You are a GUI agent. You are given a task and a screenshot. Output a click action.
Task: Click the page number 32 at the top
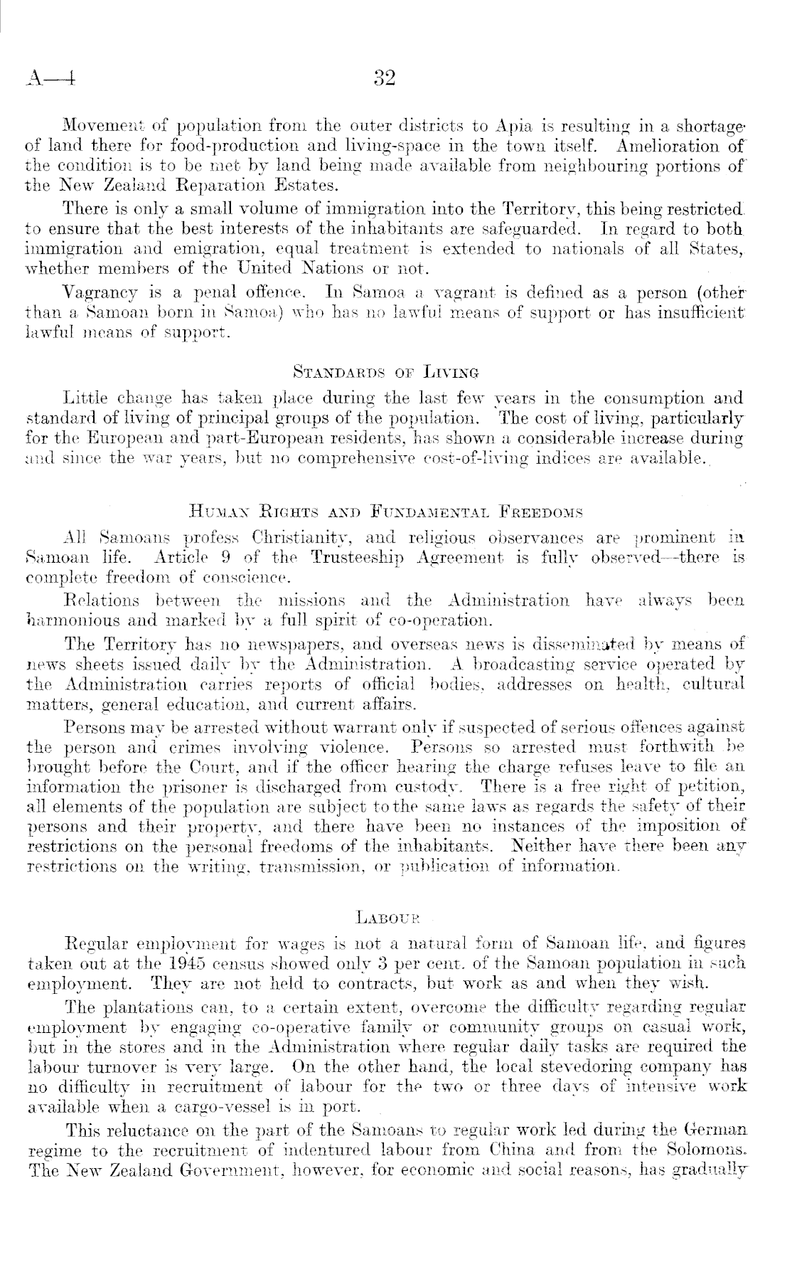384,78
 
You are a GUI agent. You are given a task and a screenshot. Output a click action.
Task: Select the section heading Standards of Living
386,371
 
